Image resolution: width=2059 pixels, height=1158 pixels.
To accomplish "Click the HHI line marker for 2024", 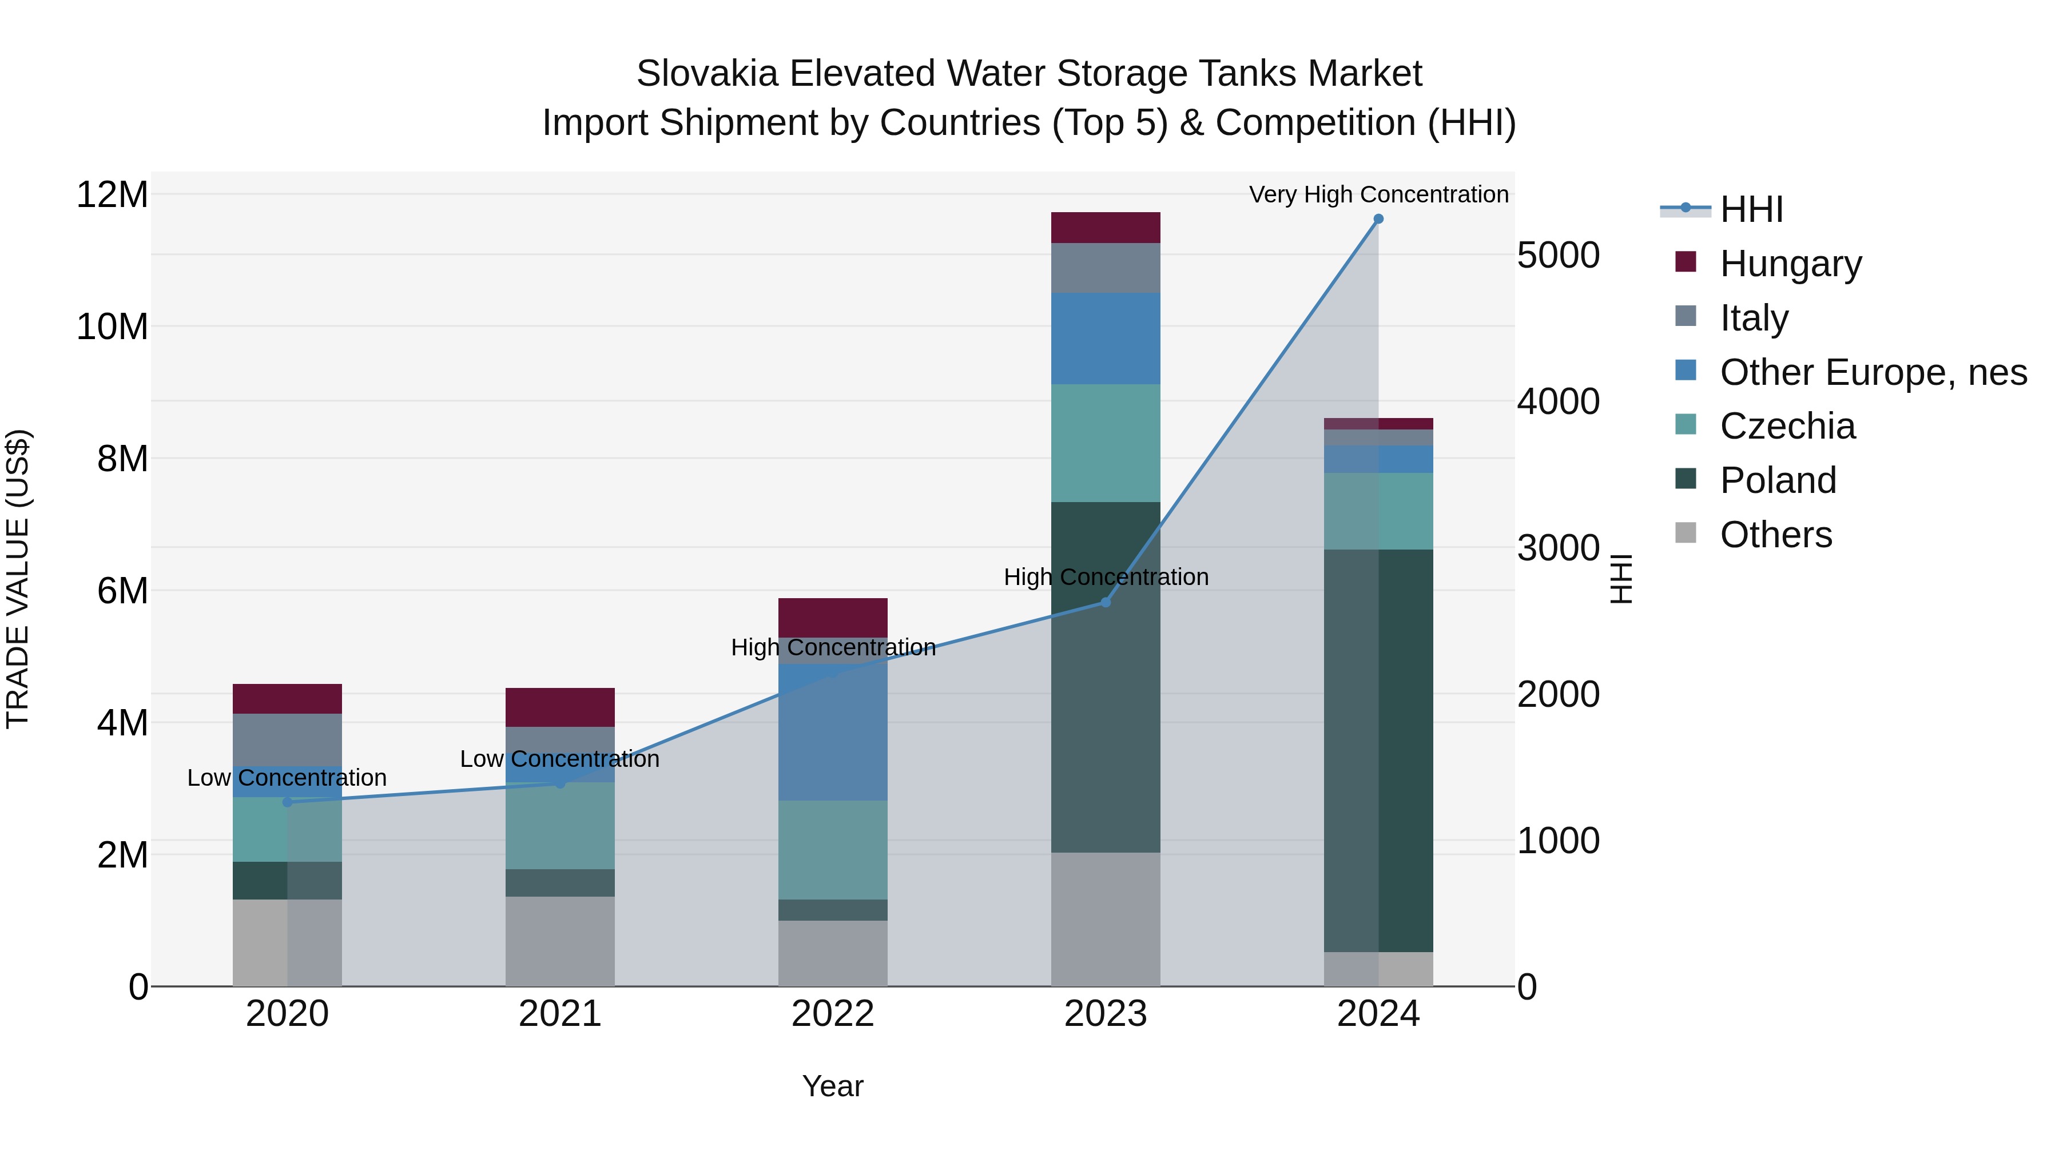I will [x=1378, y=219].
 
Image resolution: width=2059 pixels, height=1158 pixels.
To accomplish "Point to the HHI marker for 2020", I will [x=288, y=802].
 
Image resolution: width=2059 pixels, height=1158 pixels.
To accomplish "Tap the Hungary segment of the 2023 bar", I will [x=1106, y=228].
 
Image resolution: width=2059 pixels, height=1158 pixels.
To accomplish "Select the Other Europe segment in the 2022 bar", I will [x=833, y=731].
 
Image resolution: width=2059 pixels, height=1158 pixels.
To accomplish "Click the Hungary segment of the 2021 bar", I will [x=559, y=707].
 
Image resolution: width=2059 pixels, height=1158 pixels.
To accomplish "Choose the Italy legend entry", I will [x=1754, y=317].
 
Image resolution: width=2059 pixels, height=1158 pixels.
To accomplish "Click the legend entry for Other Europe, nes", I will [x=1873, y=372].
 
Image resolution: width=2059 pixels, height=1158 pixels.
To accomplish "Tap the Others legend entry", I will [x=1775, y=535].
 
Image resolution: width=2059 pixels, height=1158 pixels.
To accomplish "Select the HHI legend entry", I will [x=1751, y=209].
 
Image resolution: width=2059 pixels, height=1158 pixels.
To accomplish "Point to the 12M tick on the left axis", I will [x=112, y=195].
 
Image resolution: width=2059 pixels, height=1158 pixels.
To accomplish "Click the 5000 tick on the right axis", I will [x=1558, y=256].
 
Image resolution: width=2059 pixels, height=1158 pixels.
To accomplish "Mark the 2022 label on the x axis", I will [x=833, y=1014].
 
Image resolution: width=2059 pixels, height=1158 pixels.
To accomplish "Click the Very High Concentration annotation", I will [x=1378, y=194].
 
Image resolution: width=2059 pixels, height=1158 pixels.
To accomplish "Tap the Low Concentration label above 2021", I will [x=559, y=758].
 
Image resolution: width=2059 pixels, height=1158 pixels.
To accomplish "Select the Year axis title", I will [x=833, y=1086].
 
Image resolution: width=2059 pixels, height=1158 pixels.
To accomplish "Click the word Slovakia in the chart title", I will [x=706, y=74].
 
